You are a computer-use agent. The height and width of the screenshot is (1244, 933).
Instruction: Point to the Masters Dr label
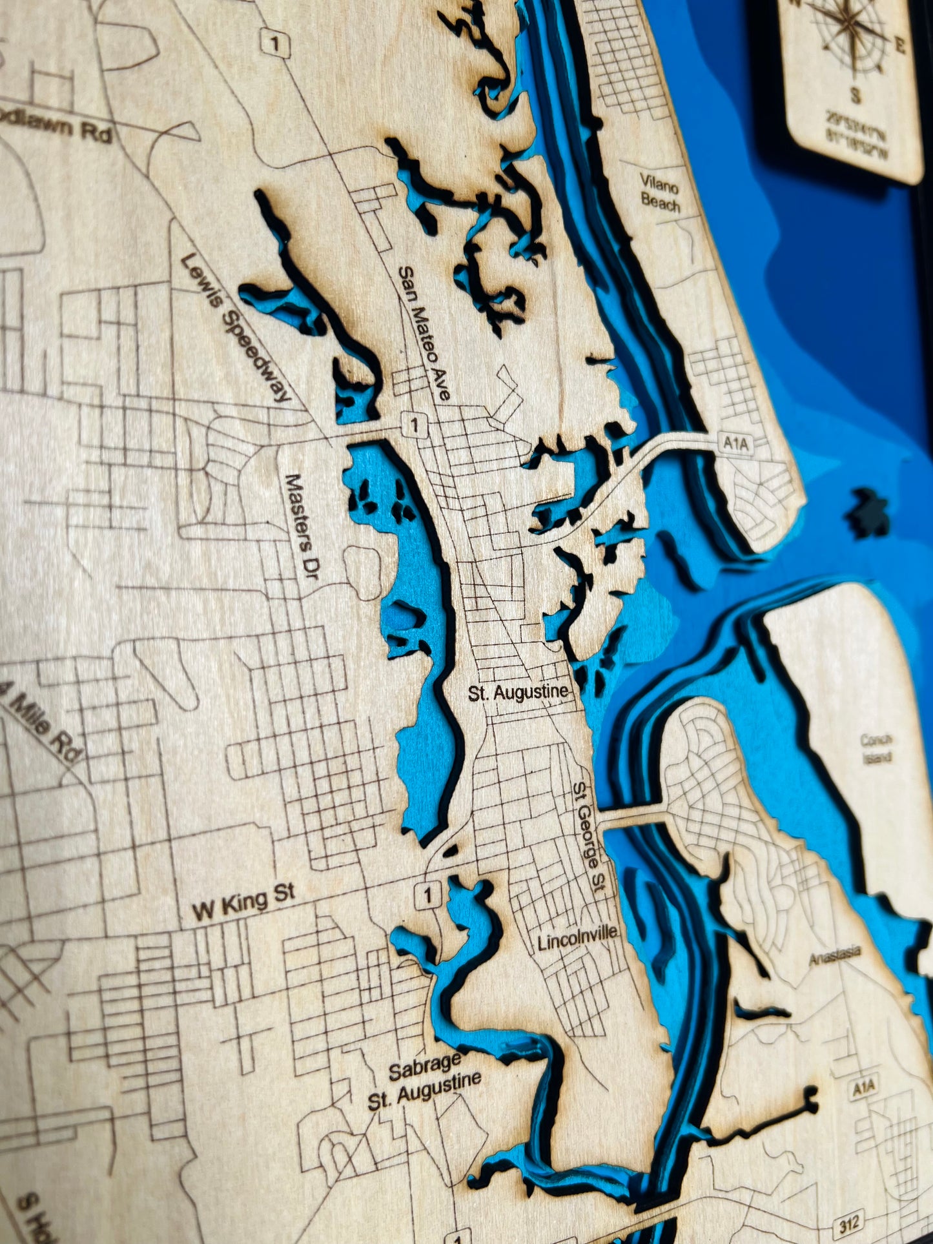tap(302, 525)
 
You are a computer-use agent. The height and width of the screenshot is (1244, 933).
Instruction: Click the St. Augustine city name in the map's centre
tap(519, 693)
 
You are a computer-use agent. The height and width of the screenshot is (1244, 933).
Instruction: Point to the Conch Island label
tap(877, 749)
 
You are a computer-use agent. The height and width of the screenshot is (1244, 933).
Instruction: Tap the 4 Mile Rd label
tap(41, 722)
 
